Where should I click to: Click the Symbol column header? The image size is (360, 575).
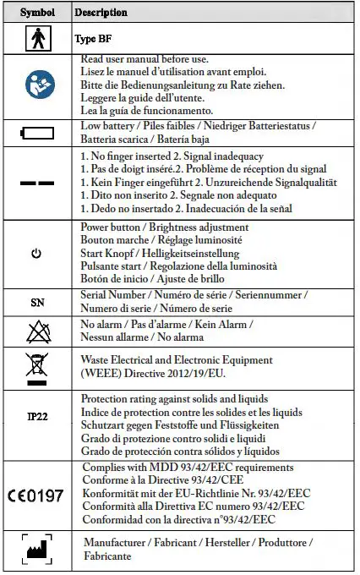pyautogui.click(x=38, y=13)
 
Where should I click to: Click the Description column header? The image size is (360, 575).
pyautogui.click(x=101, y=13)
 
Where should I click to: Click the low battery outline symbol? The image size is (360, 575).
pyautogui.click(x=38, y=133)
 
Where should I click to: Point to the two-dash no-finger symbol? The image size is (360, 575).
pyautogui.click(x=38, y=183)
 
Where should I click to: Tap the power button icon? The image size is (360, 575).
pyautogui.click(x=37, y=255)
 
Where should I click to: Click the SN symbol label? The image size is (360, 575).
pyautogui.click(x=38, y=302)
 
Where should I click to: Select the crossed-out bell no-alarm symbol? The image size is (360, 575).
pyautogui.click(x=38, y=331)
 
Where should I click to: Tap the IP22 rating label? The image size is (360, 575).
pyautogui.click(x=38, y=417)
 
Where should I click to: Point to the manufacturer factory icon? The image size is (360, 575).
pyautogui.click(x=38, y=550)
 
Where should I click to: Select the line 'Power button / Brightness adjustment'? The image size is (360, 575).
pyautogui.click(x=164, y=227)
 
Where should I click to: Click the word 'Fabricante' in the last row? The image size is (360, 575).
pyautogui.click(x=107, y=556)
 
